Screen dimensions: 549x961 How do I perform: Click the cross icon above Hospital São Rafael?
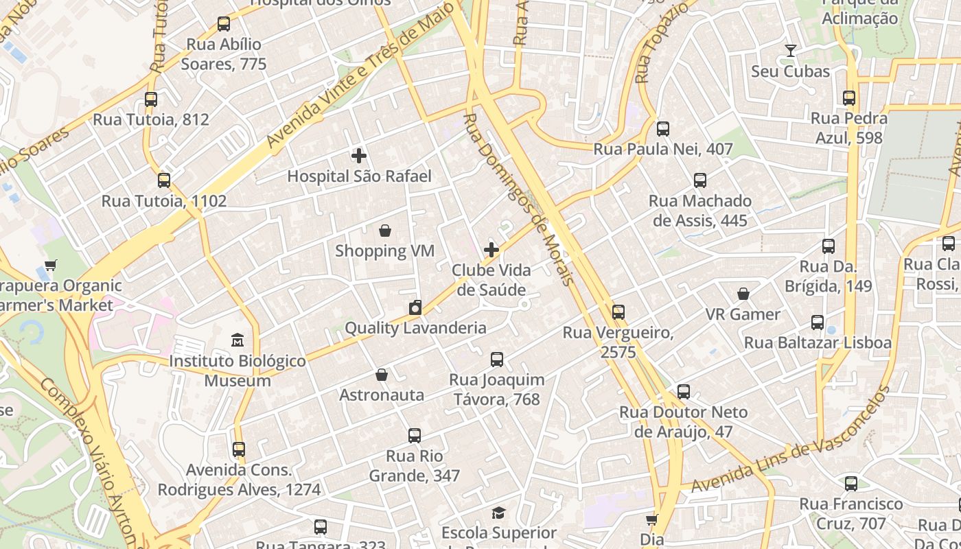tap(358, 156)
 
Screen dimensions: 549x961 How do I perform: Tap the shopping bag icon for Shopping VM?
tap(385, 231)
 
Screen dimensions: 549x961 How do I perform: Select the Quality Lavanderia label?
tap(415, 328)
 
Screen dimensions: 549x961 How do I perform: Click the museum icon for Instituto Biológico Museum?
tap(238, 340)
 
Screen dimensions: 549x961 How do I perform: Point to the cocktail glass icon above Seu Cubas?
tap(791, 51)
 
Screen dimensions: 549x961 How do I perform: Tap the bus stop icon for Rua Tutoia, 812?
tap(151, 99)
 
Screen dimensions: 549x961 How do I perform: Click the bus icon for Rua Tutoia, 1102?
tap(163, 180)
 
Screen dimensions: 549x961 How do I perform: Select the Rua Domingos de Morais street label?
tap(518, 199)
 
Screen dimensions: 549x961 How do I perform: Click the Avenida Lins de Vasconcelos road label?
tap(789, 440)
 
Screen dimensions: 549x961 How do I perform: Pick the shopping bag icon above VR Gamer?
tap(743, 294)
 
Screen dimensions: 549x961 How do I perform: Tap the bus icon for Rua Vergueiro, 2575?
tap(618, 312)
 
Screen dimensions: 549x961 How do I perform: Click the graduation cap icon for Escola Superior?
tap(499, 513)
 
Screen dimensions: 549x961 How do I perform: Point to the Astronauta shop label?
tap(382, 395)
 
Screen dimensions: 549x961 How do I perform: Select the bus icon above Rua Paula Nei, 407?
tap(662, 128)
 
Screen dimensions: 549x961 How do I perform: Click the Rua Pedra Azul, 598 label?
tap(848, 128)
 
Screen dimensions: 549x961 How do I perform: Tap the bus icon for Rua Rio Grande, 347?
tap(414, 435)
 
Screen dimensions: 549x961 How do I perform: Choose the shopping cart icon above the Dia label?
tap(651, 519)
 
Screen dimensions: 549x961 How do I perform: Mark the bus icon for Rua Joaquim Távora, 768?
tap(496, 359)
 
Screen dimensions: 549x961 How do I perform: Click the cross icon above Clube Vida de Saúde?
tap(491, 250)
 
